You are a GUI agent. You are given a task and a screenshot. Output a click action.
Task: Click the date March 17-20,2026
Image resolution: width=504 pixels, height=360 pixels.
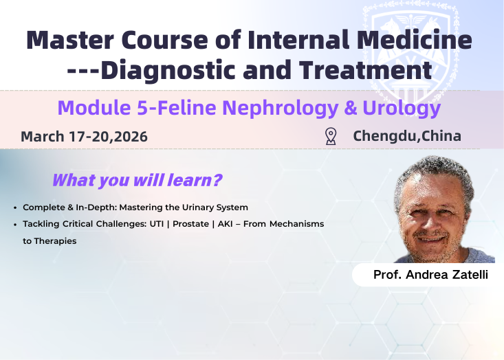tap(84, 137)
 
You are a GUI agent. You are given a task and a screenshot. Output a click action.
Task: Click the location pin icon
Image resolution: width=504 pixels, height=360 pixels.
tap(331, 136)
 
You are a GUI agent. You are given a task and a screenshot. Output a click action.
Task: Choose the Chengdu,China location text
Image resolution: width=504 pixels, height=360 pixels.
tap(406, 136)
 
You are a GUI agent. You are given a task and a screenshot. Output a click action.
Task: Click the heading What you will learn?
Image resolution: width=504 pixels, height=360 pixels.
tap(137, 181)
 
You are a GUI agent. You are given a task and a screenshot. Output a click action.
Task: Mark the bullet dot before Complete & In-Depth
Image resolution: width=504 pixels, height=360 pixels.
tap(15, 207)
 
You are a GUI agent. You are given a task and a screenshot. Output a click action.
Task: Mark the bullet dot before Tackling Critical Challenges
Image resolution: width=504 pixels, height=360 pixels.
tap(15, 225)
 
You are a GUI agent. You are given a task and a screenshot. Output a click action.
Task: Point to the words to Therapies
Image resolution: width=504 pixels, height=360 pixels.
tap(50, 241)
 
